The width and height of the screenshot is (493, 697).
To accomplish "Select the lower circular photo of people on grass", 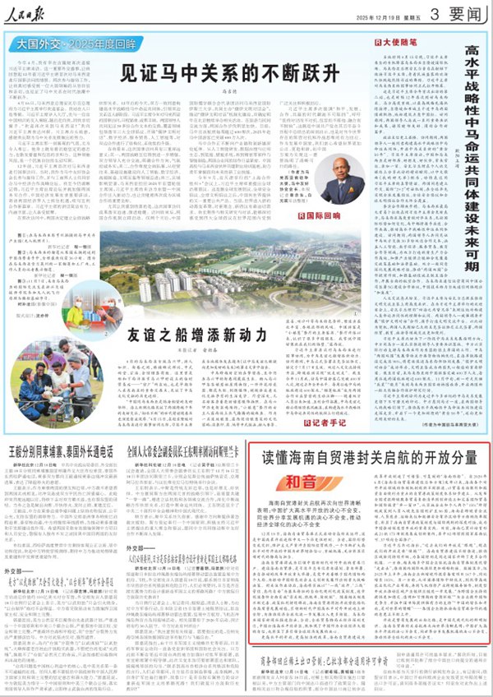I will pyautogui.click(x=45, y=368).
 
